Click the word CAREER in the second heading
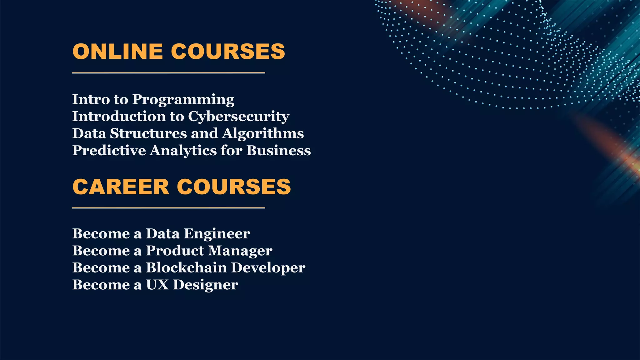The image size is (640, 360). coord(121,187)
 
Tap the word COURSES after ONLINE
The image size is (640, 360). coord(228,51)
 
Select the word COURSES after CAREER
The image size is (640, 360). coord(234,187)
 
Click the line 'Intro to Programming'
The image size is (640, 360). coord(153,99)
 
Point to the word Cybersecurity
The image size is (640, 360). coord(238,117)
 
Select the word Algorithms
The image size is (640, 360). coord(263,133)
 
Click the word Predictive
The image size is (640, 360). coord(109,150)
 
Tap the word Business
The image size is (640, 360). coord(278,150)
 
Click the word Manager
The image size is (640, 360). coord(240,251)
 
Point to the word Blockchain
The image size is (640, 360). coord(186,268)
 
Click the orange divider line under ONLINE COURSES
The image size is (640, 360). coord(168,73)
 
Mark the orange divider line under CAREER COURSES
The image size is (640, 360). coord(168,208)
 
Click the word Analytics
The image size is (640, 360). coord(183,151)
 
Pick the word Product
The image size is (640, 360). coord(175,251)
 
